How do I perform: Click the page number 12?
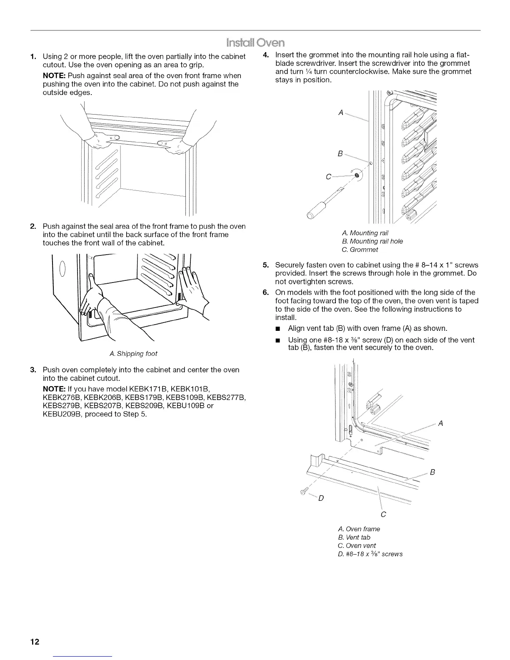tap(35, 642)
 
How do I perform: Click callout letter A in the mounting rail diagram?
tap(341, 112)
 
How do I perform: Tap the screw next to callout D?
tap(303, 492)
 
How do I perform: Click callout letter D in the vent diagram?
tap(320, 499)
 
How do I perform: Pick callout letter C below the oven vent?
tap(383, 515)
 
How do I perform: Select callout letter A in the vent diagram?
tap(440, 423)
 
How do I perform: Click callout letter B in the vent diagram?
tap(432, 472)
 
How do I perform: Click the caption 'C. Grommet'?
tap(359, 250)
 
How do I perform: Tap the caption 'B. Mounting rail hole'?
tap(372, 241)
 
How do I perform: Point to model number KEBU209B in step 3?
tap(61, 414)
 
